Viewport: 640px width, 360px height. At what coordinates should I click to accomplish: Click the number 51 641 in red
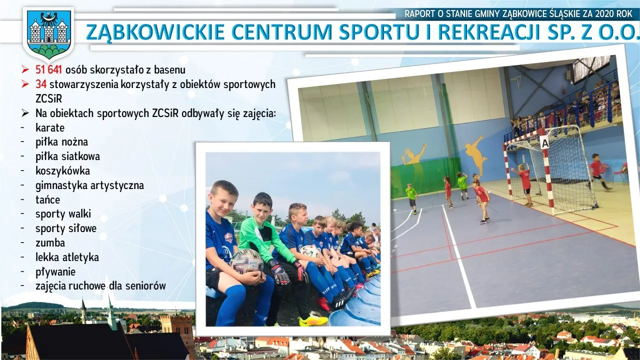48,69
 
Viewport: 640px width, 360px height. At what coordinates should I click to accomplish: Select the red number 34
41,84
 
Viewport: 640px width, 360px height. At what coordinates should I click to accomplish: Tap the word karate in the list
50,127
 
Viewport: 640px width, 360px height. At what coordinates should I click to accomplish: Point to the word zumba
50,243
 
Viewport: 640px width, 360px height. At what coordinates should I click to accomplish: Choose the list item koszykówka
62,171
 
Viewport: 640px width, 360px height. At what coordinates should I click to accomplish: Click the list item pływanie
55,272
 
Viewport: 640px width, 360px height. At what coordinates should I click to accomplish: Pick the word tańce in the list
47,199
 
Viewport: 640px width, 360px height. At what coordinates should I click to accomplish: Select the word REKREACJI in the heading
488,32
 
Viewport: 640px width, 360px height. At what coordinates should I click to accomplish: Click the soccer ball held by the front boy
247,261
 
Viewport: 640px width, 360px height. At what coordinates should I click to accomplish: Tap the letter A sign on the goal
545,142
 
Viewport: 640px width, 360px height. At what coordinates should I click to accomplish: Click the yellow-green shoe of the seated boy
313,320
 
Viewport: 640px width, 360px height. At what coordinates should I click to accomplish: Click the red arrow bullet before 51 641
25,69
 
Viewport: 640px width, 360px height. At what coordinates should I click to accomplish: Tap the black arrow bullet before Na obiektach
25,113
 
